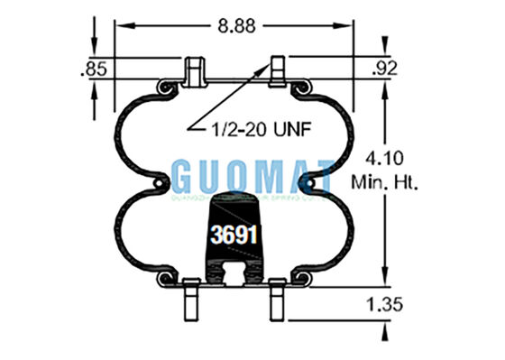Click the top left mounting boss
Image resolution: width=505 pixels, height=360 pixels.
pyautogui.click(x=194, y=71)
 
